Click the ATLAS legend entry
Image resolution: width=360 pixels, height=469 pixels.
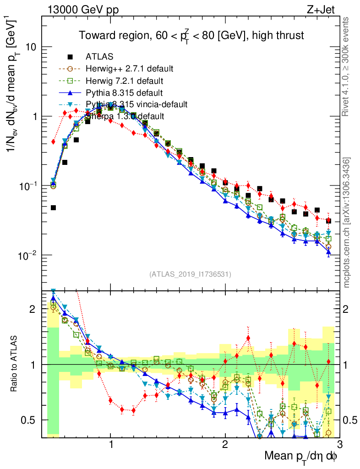pos(99,57)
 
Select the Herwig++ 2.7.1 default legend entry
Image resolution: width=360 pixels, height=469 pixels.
pos(129,69)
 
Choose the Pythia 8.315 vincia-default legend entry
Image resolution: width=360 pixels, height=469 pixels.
pos(136,104)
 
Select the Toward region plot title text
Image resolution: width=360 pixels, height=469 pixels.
pos(191,35)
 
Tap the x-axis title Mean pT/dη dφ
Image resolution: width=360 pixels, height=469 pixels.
pos(300,456)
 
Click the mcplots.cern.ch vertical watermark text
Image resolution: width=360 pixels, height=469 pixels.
pos(347,222)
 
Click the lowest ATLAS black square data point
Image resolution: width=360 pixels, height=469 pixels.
pos(53,207)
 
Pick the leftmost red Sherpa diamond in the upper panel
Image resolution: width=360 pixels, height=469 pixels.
pos(53,142)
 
